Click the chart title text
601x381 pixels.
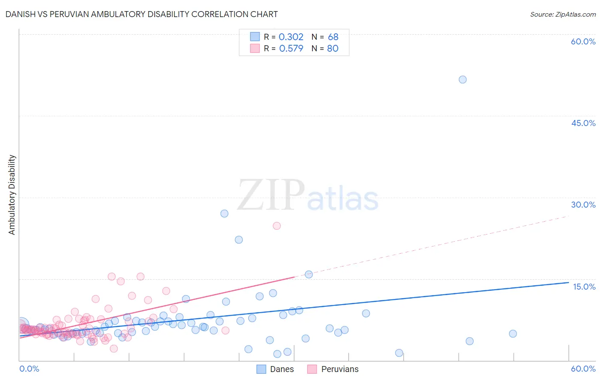pos(141,14)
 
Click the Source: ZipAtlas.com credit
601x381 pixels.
pos(563,14)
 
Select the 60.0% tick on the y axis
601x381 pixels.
pos(583,41)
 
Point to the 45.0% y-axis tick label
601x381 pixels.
pos(583,123)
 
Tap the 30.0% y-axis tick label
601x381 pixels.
pos(583,205)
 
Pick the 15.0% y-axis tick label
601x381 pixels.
pos(584,287)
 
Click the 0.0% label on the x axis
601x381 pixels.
pos(29,369)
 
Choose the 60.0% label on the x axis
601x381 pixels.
pos(583,369)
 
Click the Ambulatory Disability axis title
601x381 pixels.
pos(12,195)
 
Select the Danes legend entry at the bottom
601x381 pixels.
pos(275,369)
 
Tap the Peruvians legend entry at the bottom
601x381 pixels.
pos(333,369)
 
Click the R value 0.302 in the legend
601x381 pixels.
pos(291,37)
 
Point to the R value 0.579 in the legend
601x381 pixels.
pos(291,49)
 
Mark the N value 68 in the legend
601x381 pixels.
pos(333,37)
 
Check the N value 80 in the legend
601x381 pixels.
pos(333,49)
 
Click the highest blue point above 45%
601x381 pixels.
pos(463,79)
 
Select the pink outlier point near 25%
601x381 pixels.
pos(277,226)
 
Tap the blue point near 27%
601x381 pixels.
pos(224,214)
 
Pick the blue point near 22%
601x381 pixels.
pos(239,240)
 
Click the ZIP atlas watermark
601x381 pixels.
pos(308,196)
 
